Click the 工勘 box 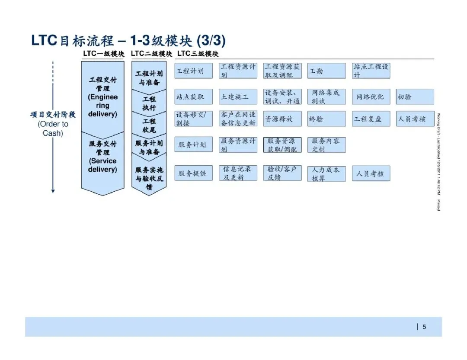[x=326, y=71]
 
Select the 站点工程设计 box [x=371, y=71]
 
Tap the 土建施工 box [x=238, y=97]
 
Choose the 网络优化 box [x=371, y=97]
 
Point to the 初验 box [x=415, y=97]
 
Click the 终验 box [x=326, y=119]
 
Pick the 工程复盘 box [x=371, y=119]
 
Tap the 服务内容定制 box [x=326, y=145]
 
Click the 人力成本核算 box [x=326, y=174]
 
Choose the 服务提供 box [x=193, y=174]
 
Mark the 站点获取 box [x=193, y=97]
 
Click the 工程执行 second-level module [x=149, y=103]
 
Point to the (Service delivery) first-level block [x=102, y=164]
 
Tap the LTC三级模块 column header [x=198, y=54]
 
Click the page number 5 [x=424, y=327]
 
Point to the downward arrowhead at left [x=53, y=190]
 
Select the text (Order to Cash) [x=53, y=129]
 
